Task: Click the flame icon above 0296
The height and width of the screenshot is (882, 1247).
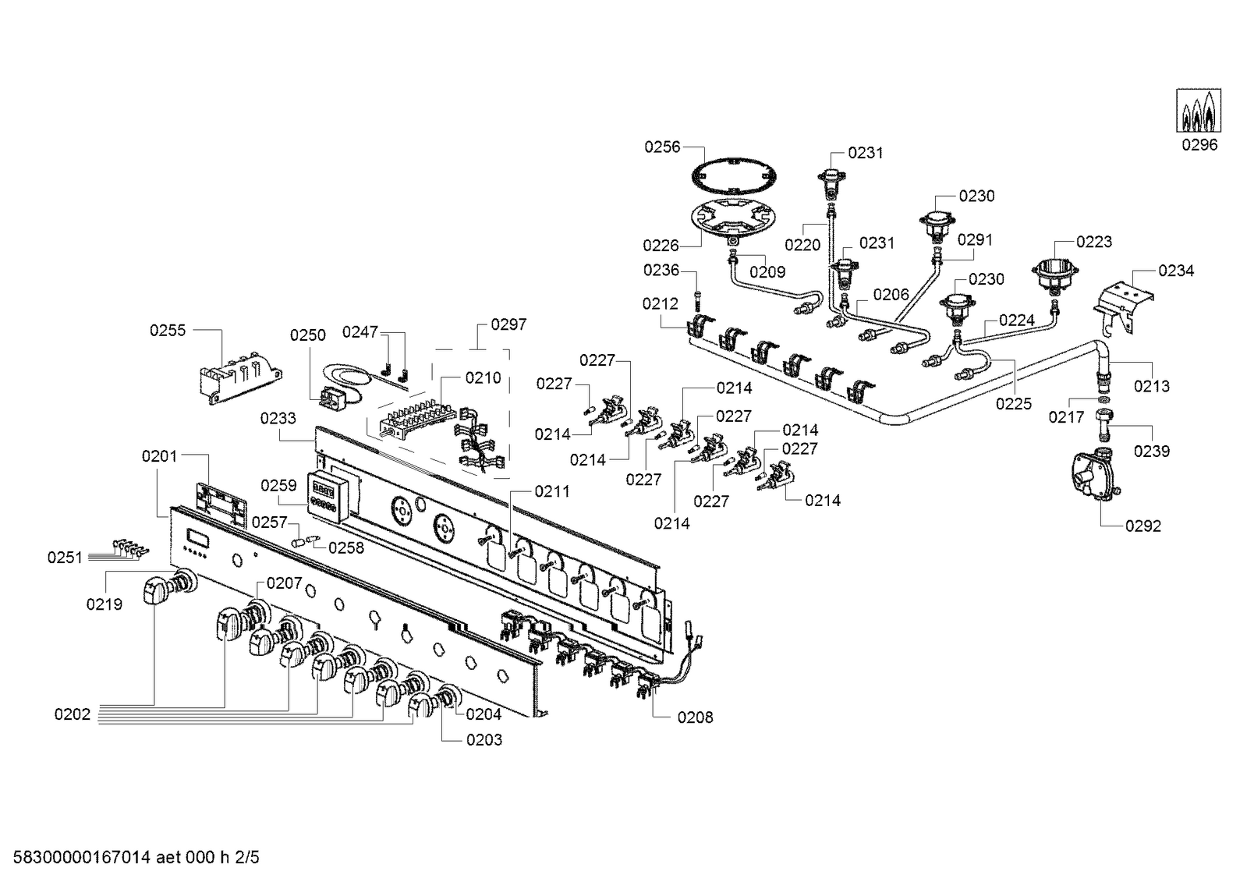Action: (1199, 111)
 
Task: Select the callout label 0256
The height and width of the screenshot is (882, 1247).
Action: (662, 147)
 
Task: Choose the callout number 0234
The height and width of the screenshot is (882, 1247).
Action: (1176, 271)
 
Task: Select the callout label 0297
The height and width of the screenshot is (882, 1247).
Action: (508, 324)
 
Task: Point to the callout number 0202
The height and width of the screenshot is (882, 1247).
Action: (73, 714)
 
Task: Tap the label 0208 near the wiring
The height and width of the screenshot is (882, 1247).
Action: (695, 717)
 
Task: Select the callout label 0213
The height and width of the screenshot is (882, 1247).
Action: (1151, 385)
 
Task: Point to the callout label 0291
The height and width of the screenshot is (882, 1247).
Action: (975, 239)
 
